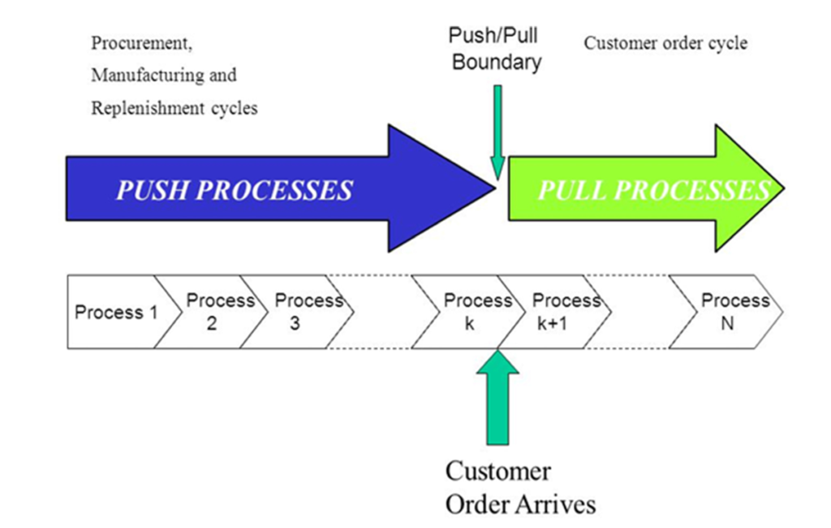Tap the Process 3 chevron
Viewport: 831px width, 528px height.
298,312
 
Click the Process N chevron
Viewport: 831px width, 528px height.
727,312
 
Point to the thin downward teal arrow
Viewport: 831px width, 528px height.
497,132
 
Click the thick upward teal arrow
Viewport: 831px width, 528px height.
497,397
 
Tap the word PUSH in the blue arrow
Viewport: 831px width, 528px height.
153,190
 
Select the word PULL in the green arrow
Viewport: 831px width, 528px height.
573,190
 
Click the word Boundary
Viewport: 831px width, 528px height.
497,62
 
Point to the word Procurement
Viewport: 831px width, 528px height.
141,43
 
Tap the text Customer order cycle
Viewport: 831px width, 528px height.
665,43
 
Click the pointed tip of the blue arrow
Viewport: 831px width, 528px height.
496,188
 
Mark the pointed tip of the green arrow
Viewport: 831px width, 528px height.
784,188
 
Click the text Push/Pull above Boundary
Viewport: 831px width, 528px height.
493,36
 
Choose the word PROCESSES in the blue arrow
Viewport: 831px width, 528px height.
274,190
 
